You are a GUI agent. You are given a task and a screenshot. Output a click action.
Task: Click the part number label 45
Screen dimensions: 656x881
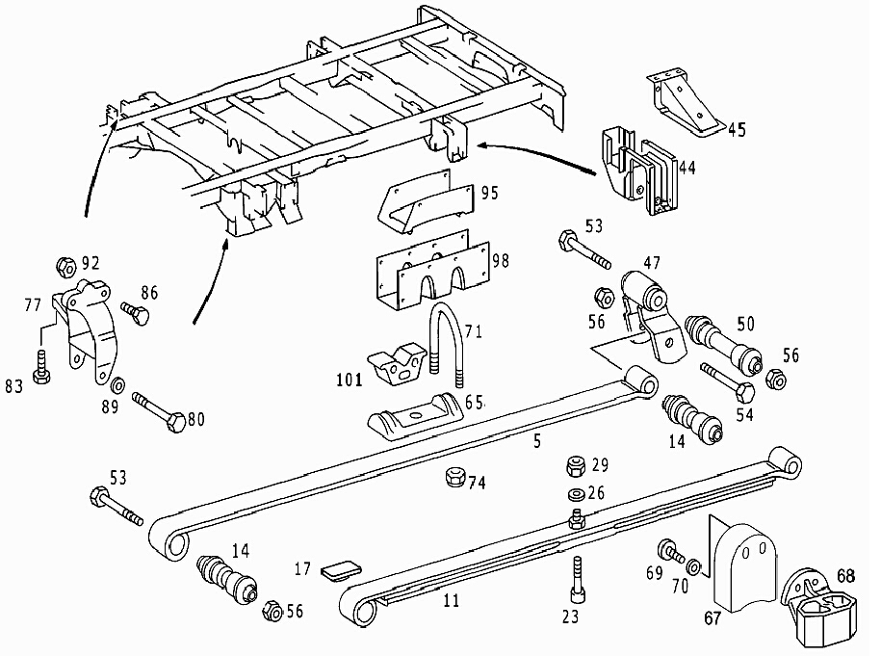click(737, 128)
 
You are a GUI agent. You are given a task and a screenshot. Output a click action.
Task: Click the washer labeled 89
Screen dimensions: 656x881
click(117, 387)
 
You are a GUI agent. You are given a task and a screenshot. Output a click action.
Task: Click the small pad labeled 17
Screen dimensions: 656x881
click(338, 571)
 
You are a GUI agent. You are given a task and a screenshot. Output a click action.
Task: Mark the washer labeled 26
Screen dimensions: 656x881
click(575, 495)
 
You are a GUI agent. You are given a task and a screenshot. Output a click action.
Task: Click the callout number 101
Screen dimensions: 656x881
click(349, 380)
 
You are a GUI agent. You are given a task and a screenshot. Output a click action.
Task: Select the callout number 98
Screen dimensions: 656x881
click(500, 261)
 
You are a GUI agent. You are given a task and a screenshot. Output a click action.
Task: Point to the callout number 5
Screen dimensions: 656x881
click(536, 442)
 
